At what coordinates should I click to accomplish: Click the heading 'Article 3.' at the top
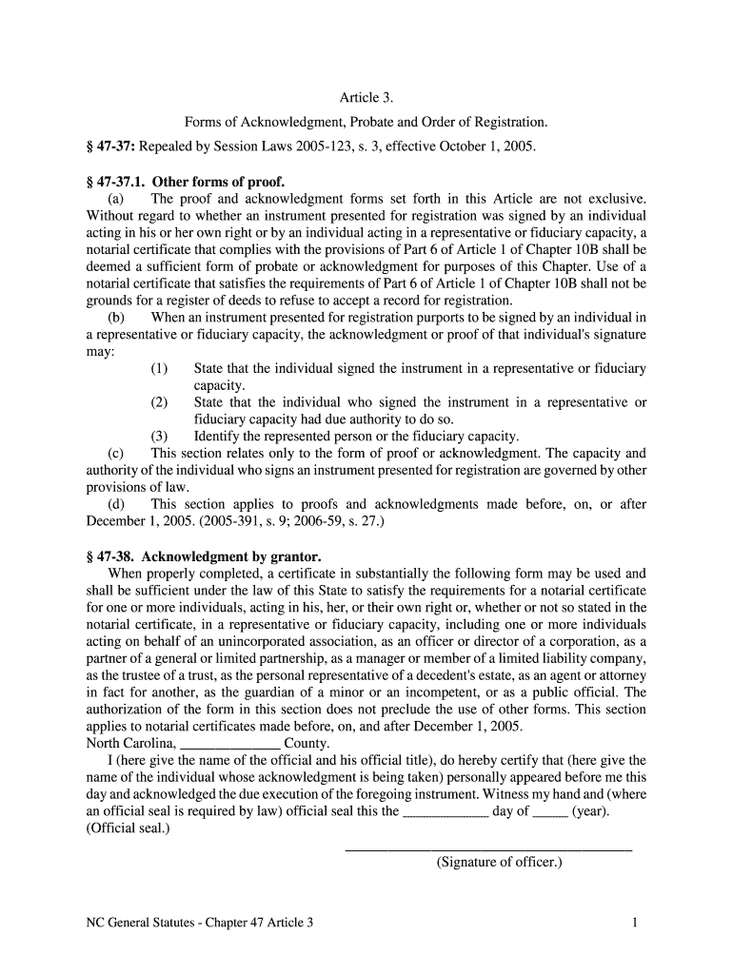pyautogui.click(x=366, y=98)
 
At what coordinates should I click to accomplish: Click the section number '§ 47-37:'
pyautogui.click(x=112, y=147)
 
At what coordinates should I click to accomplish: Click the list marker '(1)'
pyautogui.click(x=159, y=369)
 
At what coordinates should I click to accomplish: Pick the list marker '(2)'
pyautogui.click(x=159, y=403)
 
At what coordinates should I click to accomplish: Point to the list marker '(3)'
pyautogui.click(x=159, y=438)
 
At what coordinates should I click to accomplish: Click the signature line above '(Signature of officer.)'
pyautogui.click(x=487, y=848)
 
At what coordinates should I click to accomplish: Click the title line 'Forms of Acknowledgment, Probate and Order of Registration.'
pyautogui.click(x=366, y=123)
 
